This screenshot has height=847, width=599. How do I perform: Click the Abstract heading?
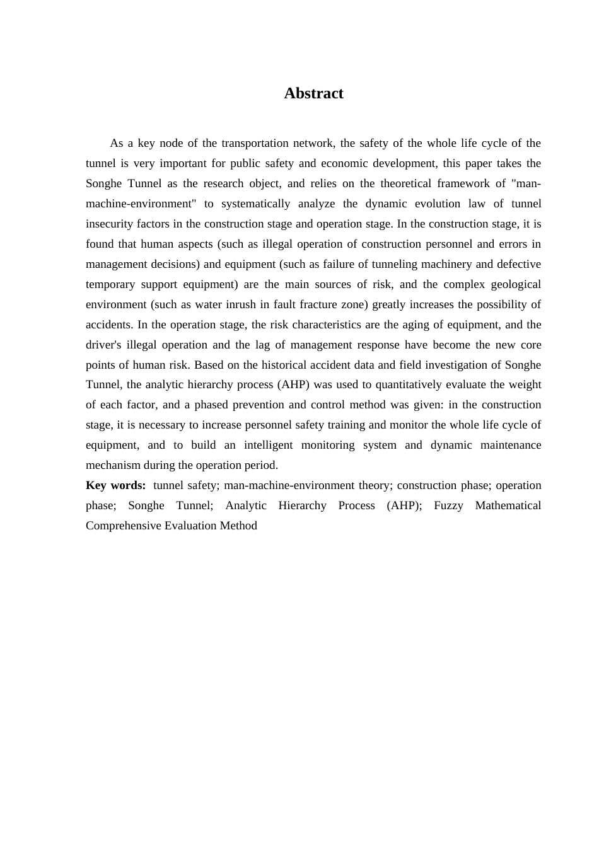point(313,93)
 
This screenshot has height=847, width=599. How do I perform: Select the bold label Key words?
point(115,485)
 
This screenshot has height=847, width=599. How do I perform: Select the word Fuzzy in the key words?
point(448,505)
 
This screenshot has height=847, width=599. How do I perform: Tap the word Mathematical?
point(508,505)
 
